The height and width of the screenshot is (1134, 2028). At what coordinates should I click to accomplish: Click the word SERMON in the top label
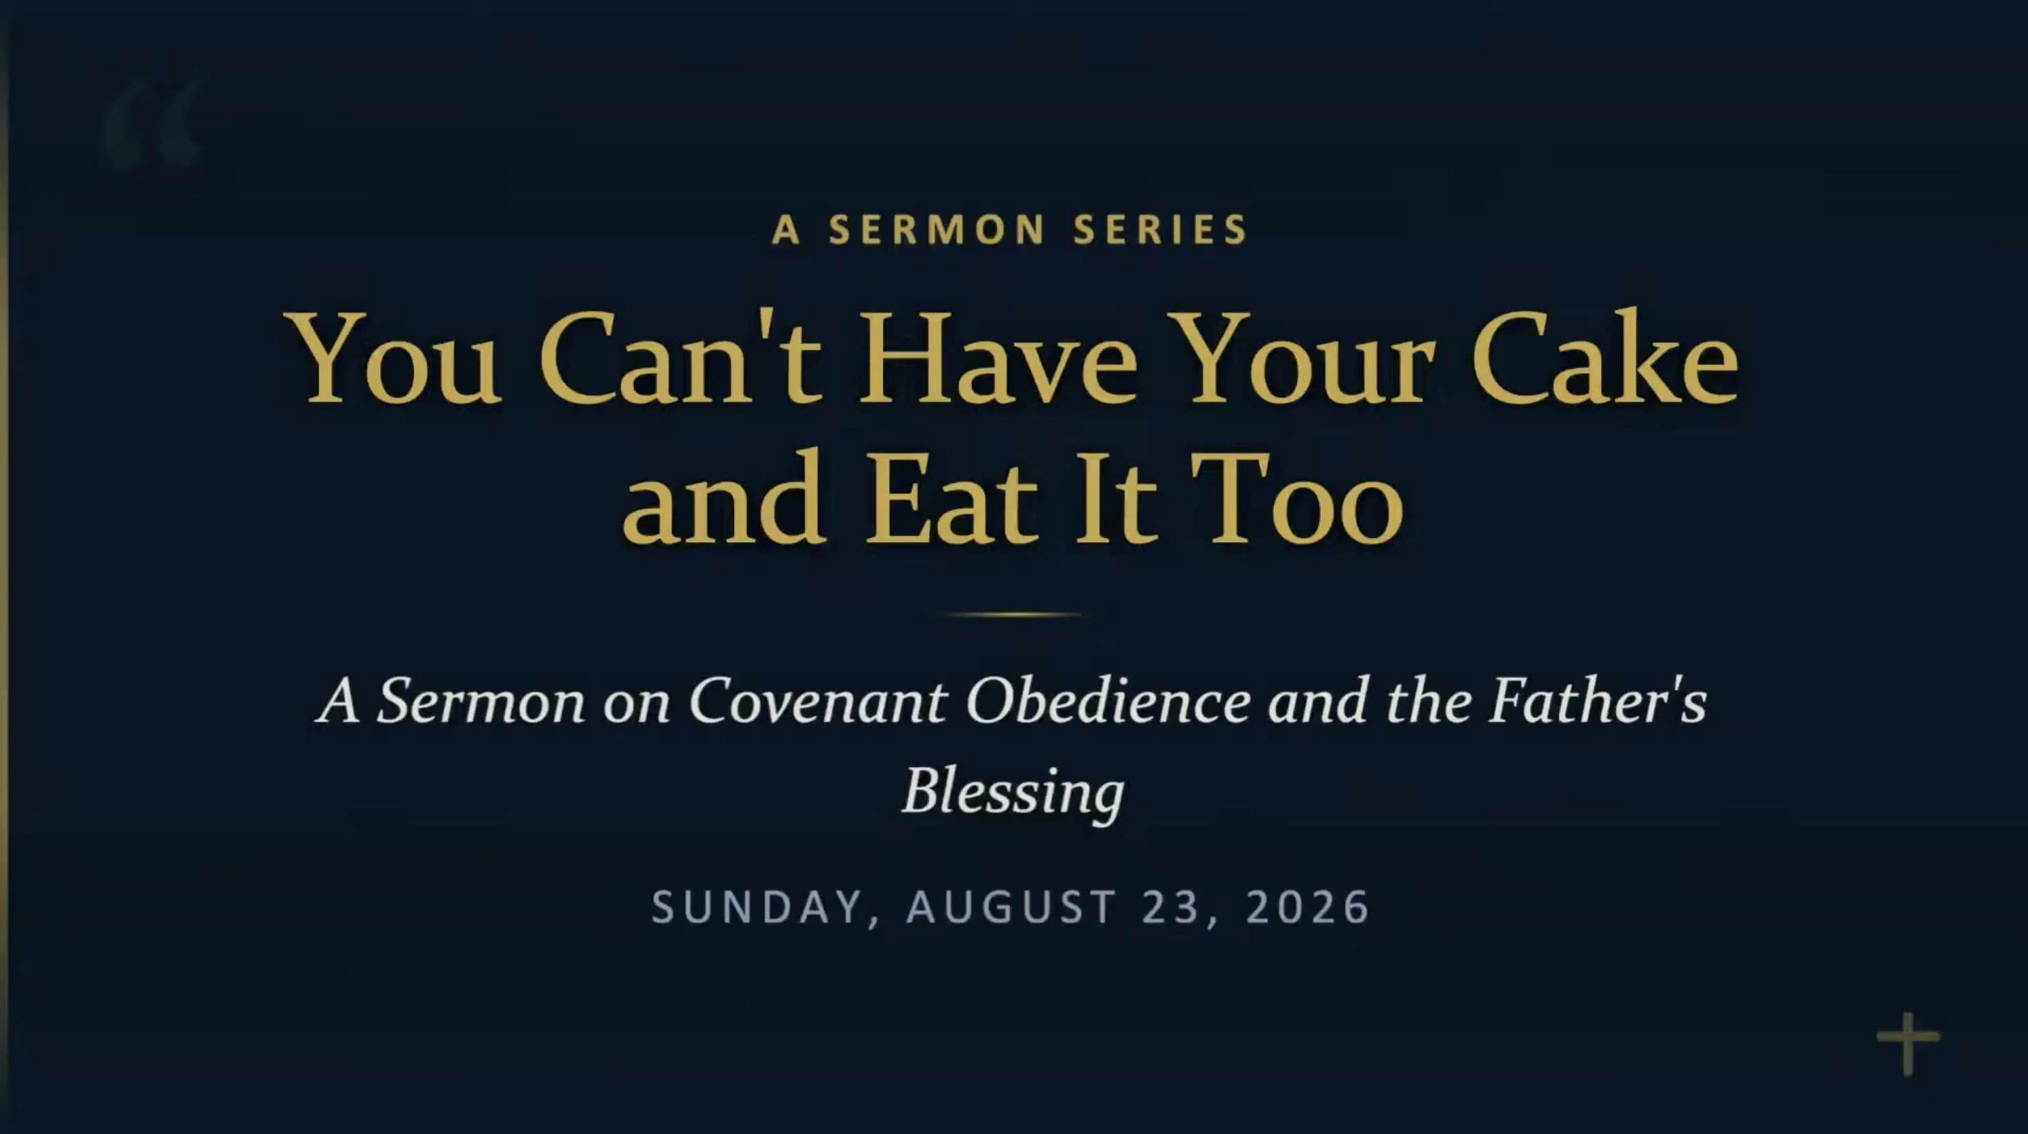(937, 230)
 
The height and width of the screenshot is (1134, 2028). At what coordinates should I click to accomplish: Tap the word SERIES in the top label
(1160, 230)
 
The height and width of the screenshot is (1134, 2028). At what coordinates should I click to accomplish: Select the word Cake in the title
(1604, 358)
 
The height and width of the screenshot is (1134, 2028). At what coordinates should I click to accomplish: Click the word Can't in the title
(681, 358)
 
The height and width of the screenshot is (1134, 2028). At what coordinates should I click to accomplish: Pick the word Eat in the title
(951, 499)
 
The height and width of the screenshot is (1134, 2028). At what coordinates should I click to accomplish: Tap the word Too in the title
(1298, 499)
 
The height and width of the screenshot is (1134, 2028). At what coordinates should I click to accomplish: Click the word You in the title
(394, 358)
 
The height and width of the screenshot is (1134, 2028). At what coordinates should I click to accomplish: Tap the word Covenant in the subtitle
(817, 700)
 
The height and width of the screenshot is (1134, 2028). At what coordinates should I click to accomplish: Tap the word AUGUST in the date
(1012, 906)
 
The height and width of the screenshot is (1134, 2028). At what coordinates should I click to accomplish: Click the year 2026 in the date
(1308, 906)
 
